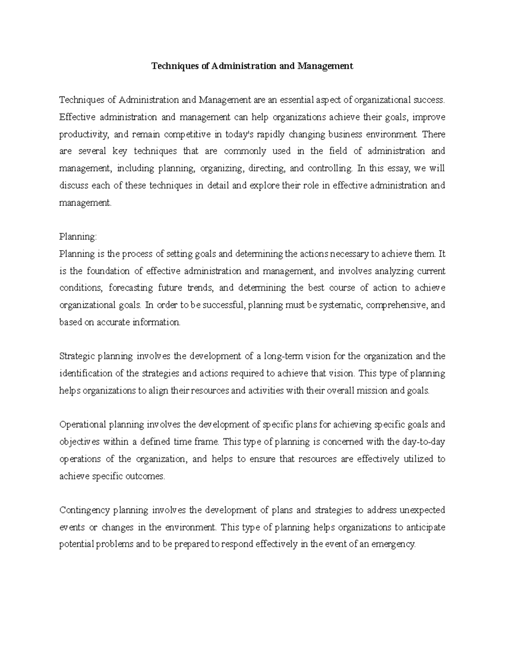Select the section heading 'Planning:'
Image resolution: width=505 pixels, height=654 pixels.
point(78,237)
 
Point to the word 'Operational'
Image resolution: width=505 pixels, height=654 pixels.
point(82,424)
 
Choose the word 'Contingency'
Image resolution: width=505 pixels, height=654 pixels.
point(84,510)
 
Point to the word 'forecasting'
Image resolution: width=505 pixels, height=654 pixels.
point(130,288)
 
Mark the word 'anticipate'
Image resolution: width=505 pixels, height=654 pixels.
point(425,528)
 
